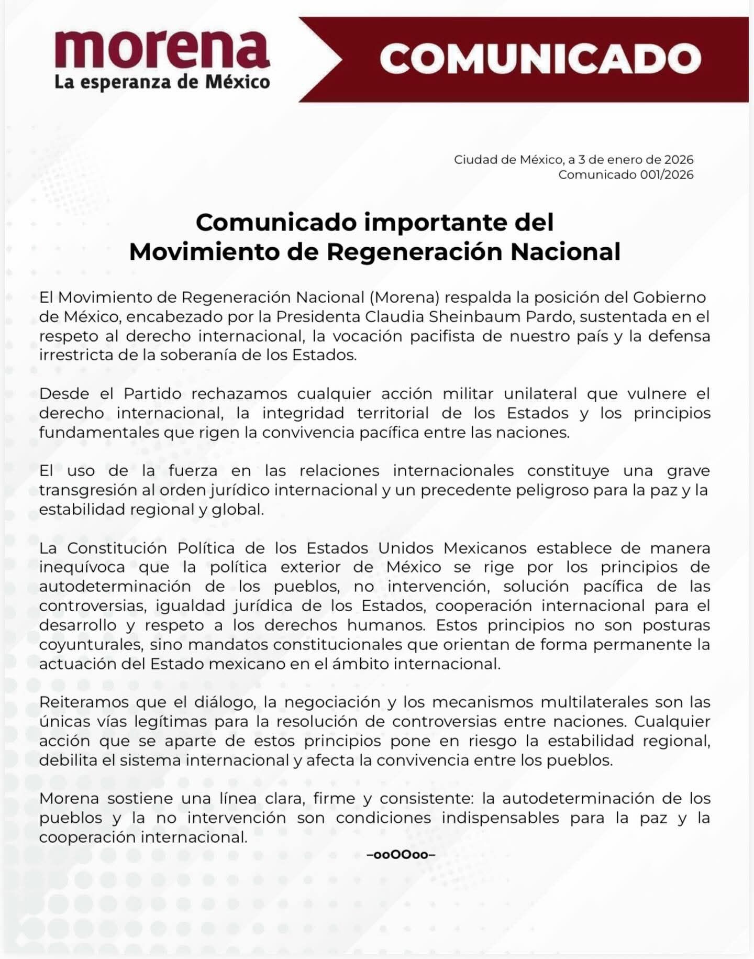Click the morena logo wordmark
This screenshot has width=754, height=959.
click(x=162, y=50)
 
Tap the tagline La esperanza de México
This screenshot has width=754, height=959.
click(x=162, y=83)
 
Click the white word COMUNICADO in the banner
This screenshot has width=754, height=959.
click(x=540, y=59)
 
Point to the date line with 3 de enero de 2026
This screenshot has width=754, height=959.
click(x=573, y=159)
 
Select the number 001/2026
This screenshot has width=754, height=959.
click(x=667, y=174)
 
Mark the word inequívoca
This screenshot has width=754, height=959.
click(x=82, y=567)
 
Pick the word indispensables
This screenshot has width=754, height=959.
click(x=500, y=818)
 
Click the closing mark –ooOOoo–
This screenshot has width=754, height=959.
click(x=401, y=855)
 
